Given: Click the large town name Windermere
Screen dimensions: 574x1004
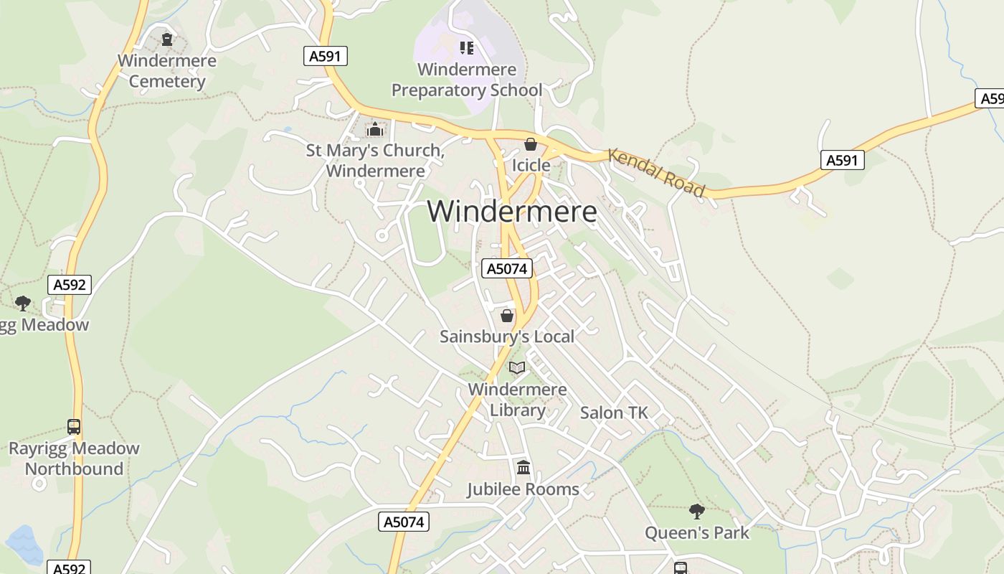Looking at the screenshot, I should coord(511,212).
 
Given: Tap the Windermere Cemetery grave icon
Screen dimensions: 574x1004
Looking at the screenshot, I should coord(167,39).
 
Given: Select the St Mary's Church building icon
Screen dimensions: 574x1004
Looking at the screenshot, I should coord(374,130).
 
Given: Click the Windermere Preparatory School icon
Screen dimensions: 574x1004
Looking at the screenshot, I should coord(467,48).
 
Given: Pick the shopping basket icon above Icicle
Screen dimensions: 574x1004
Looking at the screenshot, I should coord(531,145).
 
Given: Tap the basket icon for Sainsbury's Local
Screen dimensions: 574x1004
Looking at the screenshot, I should coord(507,316).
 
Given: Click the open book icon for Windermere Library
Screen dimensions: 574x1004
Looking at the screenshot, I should coord(517,368).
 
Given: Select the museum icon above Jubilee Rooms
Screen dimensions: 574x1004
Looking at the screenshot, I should coord(524,468).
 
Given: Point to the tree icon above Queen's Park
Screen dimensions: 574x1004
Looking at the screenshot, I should coord(696,512).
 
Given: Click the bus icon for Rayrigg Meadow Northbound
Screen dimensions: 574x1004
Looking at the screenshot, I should coord(74,427).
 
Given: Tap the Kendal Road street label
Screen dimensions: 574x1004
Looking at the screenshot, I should coord(656,172).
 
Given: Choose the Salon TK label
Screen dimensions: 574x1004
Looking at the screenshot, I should coord(614,413).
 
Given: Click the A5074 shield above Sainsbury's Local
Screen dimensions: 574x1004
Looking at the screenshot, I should coord(507,268).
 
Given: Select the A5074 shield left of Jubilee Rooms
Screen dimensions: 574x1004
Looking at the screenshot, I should coord(404,522).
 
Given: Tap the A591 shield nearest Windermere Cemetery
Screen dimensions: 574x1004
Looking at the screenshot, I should coord(326,56).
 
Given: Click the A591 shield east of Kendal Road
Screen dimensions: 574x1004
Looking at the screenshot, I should coord(842,160).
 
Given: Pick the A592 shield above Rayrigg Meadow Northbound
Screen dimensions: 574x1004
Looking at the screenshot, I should coord(70,285).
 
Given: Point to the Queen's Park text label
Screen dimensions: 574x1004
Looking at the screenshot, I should coord(696,533).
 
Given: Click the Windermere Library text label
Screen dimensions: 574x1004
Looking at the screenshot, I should coord(517,400).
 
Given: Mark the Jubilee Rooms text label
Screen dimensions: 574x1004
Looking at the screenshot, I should coord(523,489).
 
